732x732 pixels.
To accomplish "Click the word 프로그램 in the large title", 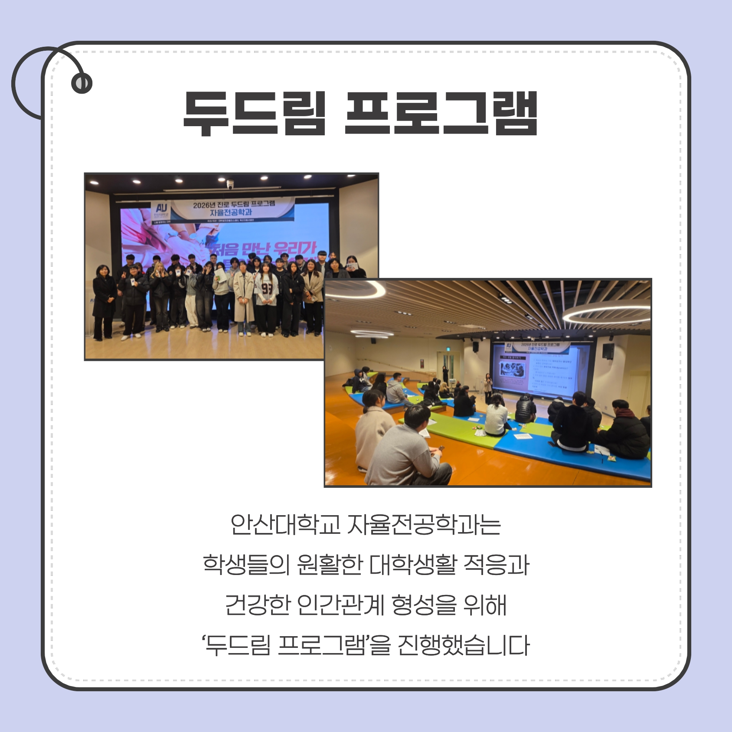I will [x=441, y=114].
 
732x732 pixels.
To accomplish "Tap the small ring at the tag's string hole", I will [x=82, y=83].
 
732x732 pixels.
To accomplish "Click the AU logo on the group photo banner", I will [x=161, y=208].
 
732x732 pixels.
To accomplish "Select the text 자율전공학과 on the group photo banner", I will [x=231, y=212].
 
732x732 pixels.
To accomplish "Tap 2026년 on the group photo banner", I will [x=204, y=205].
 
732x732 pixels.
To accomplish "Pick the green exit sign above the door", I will [x=446, y=348].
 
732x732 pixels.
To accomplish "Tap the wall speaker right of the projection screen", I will [x=608, y=351].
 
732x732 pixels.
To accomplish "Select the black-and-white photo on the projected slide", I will [x=513, y=369].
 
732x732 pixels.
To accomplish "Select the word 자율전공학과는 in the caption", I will [x=424, y=525].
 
